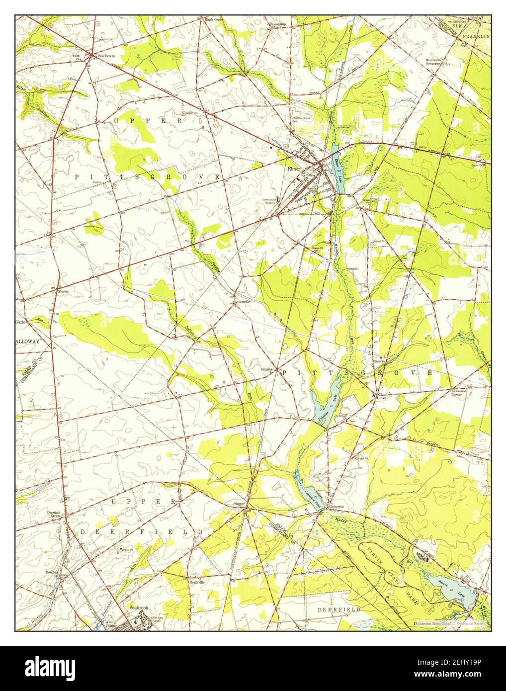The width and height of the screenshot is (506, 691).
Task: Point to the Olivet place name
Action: point(381,398)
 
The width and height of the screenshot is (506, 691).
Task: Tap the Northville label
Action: point(197,582)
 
